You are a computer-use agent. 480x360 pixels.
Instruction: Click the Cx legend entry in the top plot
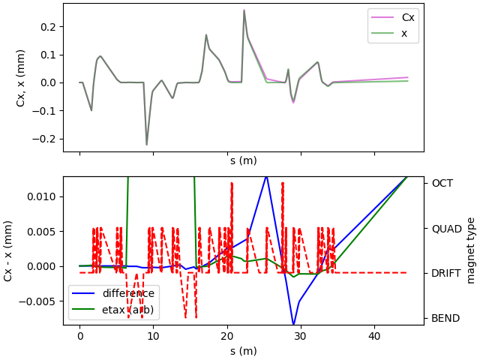pos(408,17)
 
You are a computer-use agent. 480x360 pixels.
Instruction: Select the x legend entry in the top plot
pos(404,33)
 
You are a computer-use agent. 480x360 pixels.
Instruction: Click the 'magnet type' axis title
pos(471,250)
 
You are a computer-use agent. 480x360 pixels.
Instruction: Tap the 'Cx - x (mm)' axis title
pos(8,250)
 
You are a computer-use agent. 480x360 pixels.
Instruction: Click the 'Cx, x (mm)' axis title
pos(21,77)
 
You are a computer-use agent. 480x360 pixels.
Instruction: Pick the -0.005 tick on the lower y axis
pos(40,301)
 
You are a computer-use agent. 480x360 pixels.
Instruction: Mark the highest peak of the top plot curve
pos(244,10)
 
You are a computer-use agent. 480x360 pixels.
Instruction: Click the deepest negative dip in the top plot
pos(147,145)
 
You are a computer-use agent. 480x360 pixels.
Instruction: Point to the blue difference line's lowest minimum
pos(293,325)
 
